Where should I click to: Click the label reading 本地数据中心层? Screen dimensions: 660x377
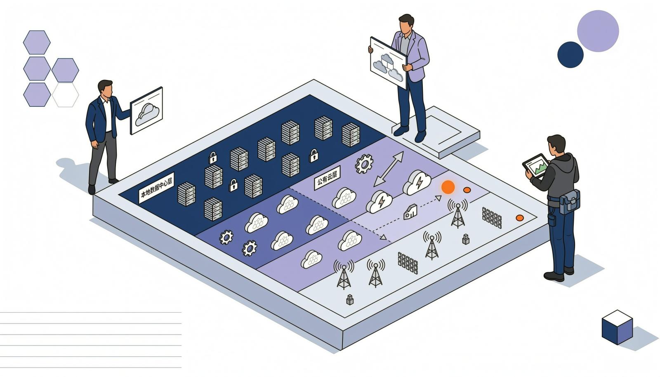pos(156,188)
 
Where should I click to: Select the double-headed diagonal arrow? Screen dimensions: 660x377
pos(389,169)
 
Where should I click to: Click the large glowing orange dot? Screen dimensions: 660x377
pos(448,187)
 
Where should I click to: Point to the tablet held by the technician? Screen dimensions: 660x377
pos(536,166)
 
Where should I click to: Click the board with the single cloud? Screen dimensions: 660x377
pos(146,111)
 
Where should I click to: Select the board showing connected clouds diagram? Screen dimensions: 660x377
pos(388,63)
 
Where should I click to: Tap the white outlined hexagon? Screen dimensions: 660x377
pos(66,95)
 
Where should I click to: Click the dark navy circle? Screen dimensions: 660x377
pos(570,55)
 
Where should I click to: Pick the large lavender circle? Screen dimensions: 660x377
pos(598,31)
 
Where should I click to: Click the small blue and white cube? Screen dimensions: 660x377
pos(617,327)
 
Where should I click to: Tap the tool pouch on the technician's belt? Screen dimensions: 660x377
pos(570,202)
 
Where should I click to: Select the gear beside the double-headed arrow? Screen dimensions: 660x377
pos(364,164)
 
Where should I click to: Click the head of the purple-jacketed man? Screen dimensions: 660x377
pos(406,24)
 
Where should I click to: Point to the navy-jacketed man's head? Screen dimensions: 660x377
pos(105,89)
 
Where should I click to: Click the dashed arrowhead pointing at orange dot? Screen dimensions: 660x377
pos(438,198)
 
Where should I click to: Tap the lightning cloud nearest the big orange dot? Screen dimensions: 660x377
pos(417,182)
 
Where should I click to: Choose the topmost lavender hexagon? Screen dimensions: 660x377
pos(37,42)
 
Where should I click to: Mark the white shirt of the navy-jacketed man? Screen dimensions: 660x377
pos(108,115)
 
